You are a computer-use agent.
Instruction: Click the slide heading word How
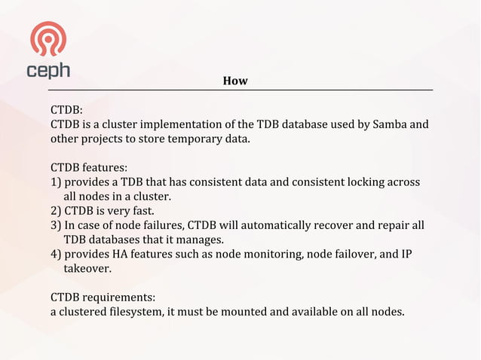coord(235,81)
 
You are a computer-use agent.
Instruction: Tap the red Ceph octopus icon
coord(47,39)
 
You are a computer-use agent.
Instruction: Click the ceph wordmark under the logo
coord(48,70)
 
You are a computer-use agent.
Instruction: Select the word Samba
coord(394,124)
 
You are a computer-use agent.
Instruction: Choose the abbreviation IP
coord(407,254)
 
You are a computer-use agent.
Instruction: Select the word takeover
coord(87,268)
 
